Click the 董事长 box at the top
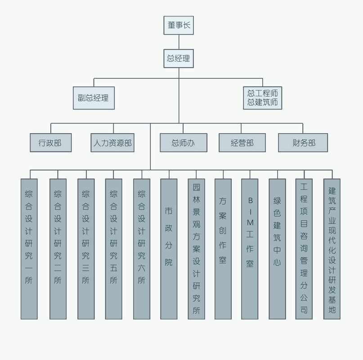[x=179, y=25]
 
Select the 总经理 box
[x=179, y=58]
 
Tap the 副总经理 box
[x=94, y=98]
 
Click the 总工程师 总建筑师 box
[x=262, y=98]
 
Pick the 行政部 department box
[x=51, y=143]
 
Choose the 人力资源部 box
[x=112, y=143]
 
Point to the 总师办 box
[x=184, y=143]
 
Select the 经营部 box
[x=242, y=143]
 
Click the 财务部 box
[x=303, y=143]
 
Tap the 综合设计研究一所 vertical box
[x=29, y=249]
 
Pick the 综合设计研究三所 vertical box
[x=86, y=249]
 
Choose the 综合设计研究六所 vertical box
[x=142, y=249]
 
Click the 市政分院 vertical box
[x=169, y=249]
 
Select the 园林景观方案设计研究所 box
[x=196, y=249]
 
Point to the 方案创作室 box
[x=223, y=249]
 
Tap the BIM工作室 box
[x=250, y=249]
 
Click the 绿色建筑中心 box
[x=277, y=249]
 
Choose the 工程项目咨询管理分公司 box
[x=304, y=249]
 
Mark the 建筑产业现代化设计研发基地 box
[x=332, y=249]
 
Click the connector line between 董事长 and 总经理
[x=179, y=42]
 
